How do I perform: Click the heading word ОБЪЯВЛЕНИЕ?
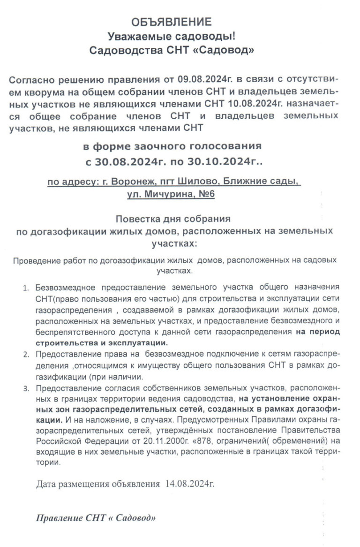coord(171,22)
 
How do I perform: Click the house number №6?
coord(204,194)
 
